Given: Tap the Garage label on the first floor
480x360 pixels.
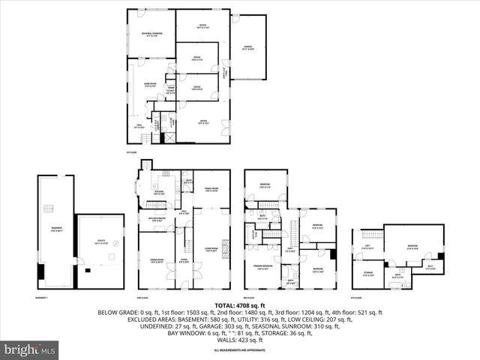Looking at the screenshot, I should coord(247,47).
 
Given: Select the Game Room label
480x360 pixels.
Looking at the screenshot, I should coord(150,85).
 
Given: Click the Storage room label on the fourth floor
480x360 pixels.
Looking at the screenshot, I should coord(368,274).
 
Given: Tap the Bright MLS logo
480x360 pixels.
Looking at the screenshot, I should coord(30,349).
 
